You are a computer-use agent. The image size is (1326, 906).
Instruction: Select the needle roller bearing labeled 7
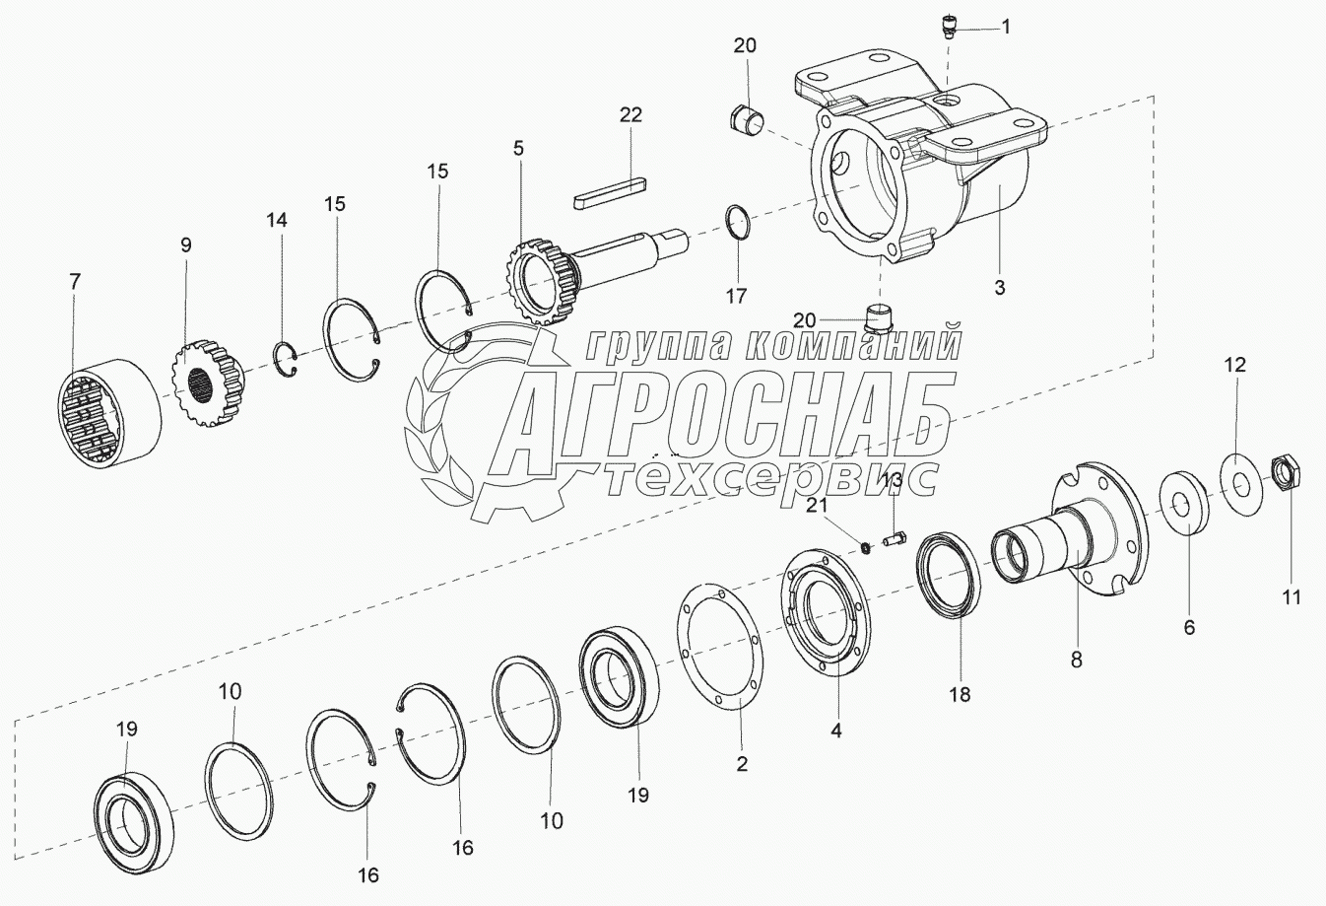coord(109,414)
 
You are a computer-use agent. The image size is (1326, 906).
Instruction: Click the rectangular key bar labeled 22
coord(611,193)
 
